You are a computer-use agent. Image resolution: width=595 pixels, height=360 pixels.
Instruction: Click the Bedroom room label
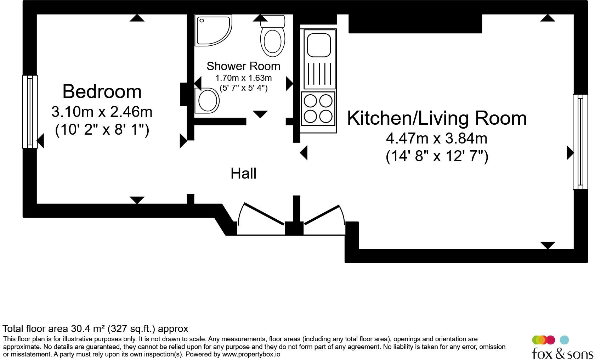[x=102, y=92]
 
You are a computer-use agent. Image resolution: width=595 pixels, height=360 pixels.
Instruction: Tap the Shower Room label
[x=243, y=66]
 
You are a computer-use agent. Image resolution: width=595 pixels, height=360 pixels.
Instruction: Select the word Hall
[x=243, y=174]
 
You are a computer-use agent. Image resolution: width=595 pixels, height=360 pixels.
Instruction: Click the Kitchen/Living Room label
[x=437, y=118]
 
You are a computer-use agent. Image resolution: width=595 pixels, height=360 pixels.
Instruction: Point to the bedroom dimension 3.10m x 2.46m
[x=102, y=112]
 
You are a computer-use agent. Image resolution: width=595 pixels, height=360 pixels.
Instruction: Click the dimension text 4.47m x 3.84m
[x=437, y=139]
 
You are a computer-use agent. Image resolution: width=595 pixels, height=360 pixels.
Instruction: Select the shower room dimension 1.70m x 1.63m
[x=243, y=78]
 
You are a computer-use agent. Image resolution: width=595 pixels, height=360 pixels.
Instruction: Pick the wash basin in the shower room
[x=207, y=101]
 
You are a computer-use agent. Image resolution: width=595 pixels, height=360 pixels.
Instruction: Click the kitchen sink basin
[x=319, y=45]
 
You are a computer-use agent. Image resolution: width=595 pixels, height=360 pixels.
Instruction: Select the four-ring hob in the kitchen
[x=318, y=109]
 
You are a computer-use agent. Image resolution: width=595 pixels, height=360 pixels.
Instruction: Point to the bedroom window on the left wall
[x=30, y=112]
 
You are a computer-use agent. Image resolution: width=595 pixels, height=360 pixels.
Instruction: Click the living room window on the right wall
[x=580, y=142]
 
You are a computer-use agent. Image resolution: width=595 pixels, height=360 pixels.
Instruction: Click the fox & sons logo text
[x=562, y=353]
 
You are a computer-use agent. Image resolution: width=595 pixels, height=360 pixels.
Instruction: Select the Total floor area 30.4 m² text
[x=95, y=329]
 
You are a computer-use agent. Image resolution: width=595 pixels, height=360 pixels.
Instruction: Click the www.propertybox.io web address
[x=251, y=354]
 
